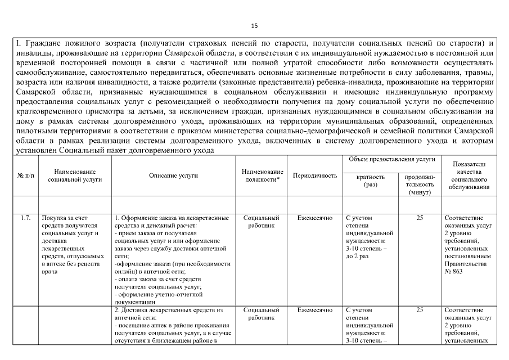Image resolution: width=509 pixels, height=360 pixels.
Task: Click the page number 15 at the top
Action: [x=254, y=25]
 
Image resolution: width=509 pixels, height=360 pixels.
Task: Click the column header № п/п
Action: [x=25, y=175]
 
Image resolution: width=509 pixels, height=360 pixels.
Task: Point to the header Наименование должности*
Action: [x=262, y=175]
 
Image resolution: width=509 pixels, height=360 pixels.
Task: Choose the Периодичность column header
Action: [x=314, y=175]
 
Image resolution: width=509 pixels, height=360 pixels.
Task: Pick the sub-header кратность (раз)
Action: [x=371, y=180]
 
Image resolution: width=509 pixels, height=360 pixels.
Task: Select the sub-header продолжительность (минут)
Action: [x=420, y=184]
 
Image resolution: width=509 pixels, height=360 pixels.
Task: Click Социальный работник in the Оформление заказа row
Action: [x=262, y=221]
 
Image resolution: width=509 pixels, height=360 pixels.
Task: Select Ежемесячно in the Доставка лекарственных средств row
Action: [x=314, y=310]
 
